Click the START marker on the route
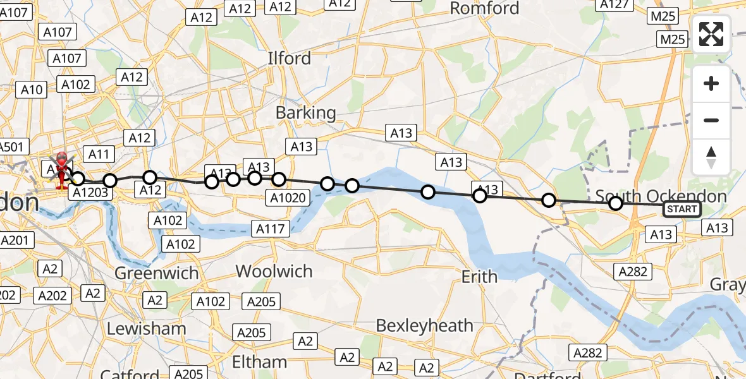pyautogui.click(x=681, y=209)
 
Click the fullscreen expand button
pyautogui.click(x=711, y=34)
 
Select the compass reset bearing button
pyautogui.click(x=711, y=157)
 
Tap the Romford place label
pyautogui.click(x=484, y=8)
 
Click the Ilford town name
pyautogui.click(x=289, y=58)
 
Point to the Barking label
pyautogui.click(x=306, y=113)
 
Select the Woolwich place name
pyautogui.click(x=274, y=271)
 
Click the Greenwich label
pyautogui.click(x=156, y=274)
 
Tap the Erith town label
pyautogui.click(x=479, y=277)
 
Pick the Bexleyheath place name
pyautogui.click(x=424, y=325)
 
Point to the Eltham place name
pyautogui.click(x=259, y=362)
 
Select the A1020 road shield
pyautogui.click(x=288, y=198)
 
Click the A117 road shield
pyautogui.click(x=270, y=229)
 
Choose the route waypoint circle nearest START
pyautogui.click(x=615, y=203)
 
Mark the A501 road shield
pyautogui.click(x=12, y=147)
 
